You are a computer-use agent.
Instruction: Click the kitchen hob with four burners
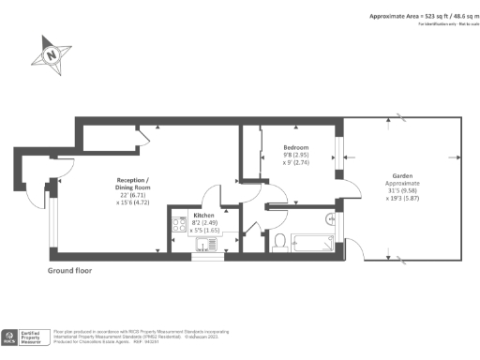[178, 224]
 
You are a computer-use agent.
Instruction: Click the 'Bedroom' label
[296, 146]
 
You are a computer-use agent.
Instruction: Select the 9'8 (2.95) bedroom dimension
[296, 155]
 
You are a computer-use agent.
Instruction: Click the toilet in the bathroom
[280, 242]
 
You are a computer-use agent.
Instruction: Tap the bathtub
[310, 242]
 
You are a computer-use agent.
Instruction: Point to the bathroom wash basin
[330, 219]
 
